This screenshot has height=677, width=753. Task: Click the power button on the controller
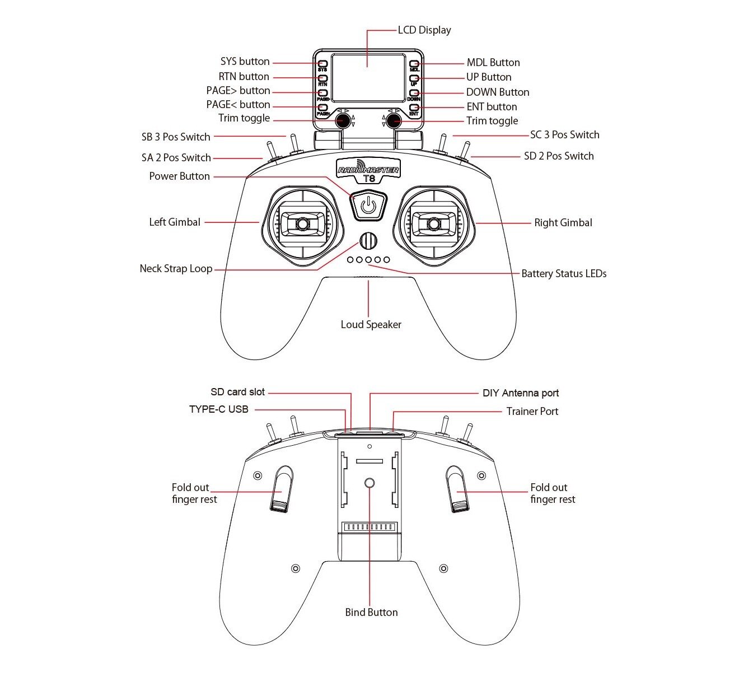coord(368,204)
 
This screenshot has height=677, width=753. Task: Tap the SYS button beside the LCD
coord(322,64)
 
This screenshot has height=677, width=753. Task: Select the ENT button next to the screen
coord(414,108)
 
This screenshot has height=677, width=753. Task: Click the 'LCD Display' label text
coord(424,30)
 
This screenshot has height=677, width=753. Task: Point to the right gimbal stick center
coord(434,224)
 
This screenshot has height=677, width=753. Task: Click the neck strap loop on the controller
coord(368,241)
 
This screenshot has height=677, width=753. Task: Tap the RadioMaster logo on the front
coord(368,170)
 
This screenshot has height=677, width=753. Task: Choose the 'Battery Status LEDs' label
coord(564,274)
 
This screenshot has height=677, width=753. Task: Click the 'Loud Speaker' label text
coord(371,325)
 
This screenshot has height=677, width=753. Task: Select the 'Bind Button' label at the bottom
coord(371,613)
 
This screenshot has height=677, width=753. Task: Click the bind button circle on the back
coord(370,483)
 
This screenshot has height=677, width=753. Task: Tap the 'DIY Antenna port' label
coord(521,393)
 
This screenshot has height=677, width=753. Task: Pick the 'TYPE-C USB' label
coord(218,409)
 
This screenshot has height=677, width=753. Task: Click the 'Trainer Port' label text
coord(532,412)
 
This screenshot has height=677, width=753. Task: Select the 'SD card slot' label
coord(237,392)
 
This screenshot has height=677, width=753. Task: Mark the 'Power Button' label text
coord(179,176)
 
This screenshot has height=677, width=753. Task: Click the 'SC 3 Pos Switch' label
coord(564,135)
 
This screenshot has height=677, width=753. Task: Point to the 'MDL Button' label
coord(493,63)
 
